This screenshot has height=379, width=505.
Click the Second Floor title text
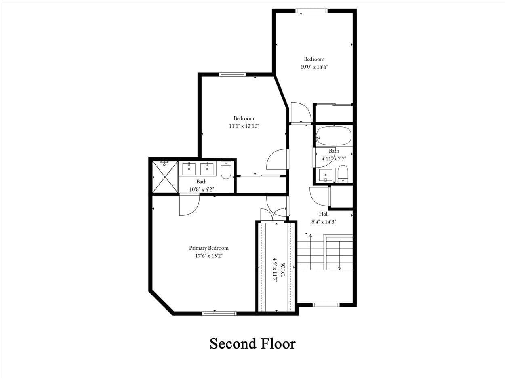tap(253, 344)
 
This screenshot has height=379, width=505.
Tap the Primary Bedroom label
tap(208, 248)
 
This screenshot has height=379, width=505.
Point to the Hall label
tap(324, 214)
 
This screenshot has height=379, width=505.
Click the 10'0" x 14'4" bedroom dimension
tap(314, 67)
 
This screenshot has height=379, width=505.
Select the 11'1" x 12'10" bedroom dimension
tap(244, 126)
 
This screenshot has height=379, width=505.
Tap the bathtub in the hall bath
tap(333, 136)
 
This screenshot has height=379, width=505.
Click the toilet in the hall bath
tap(343, 174)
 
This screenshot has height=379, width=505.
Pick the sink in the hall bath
tap(325, 175)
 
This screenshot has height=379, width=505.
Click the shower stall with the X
tap(165, 177)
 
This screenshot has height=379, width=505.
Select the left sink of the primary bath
tap(189, 168)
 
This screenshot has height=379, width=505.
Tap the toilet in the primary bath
tap(226, 170)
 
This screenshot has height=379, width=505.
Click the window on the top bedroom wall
tap(311, 11)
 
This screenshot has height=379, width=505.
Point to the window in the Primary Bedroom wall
tap(219, 313)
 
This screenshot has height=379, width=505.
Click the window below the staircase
tap(326, 305)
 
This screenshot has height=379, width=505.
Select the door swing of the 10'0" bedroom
tap(300, 113)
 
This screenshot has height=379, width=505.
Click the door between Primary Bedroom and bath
tap(189, 205)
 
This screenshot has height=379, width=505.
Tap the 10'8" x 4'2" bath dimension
tap(202, 189)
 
